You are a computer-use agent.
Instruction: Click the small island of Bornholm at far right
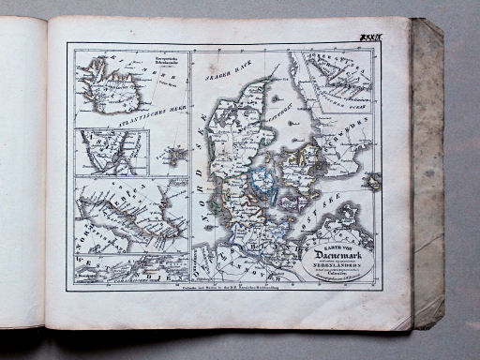click(x=373, y=180)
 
